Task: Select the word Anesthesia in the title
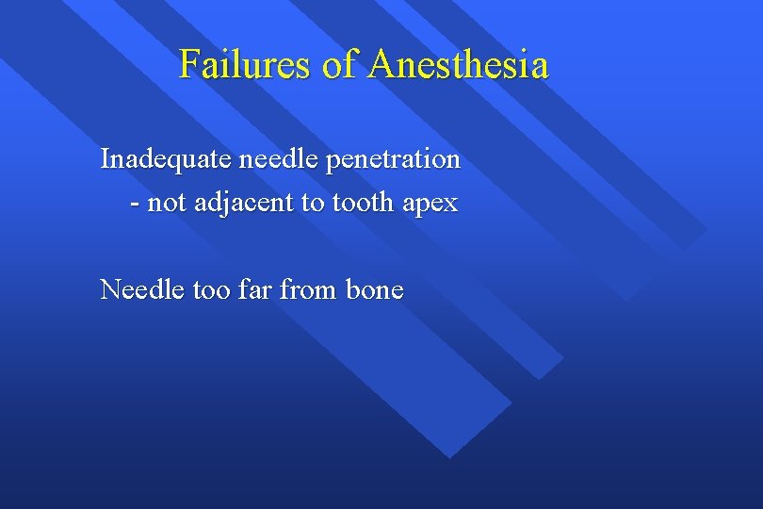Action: (x=459, y=65)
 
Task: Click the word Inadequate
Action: (x=166, y=159)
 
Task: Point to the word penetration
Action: (x=394, y=160)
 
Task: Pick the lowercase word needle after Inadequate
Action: (x=279, y=159)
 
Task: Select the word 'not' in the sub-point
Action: (x=166, y=204)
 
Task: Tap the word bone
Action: (x=375, y=289)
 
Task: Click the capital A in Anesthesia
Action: (x=382, y=65)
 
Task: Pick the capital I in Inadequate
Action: (x=106, y=159)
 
